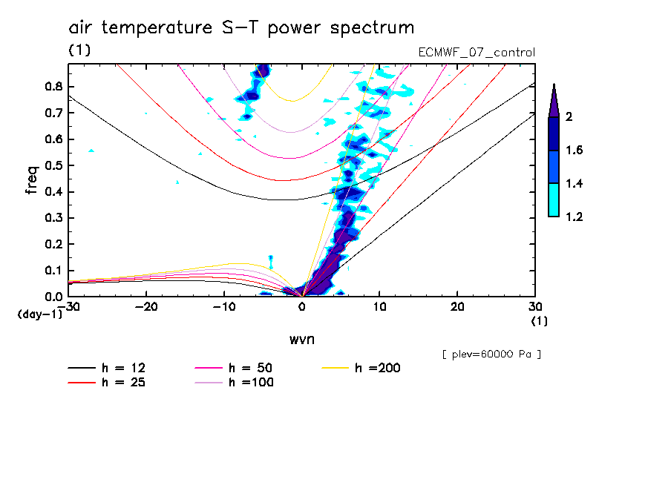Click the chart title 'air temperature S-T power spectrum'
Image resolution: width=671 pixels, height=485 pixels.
point(241,27)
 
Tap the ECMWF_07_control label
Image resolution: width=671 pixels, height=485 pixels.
point(477,52)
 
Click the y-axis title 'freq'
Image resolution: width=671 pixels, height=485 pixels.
point(32,179)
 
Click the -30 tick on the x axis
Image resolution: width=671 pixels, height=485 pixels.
point(69,306)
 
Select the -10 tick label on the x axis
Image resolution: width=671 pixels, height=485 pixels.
point(224,306)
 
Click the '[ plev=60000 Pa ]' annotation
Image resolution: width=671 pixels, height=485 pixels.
point(491,354)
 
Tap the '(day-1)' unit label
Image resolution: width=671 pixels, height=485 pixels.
point(39,314)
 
